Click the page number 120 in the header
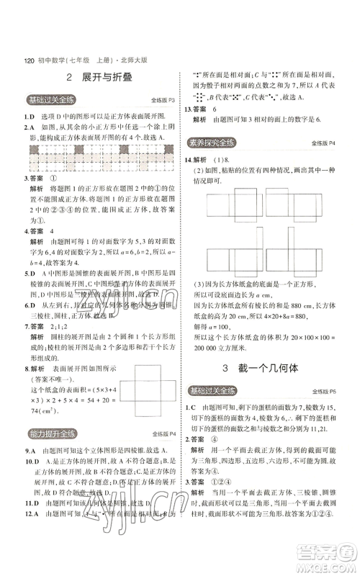click(30, 60)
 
